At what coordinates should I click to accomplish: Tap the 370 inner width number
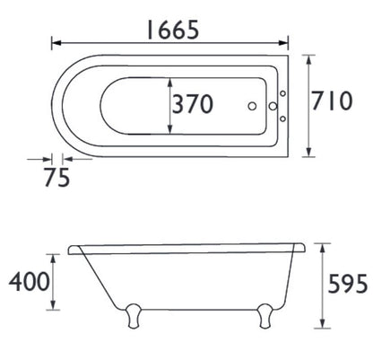[193, 104]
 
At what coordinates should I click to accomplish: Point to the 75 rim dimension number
[58, 178]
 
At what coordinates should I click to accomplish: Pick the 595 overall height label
[344, 283]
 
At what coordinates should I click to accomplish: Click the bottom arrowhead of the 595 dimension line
[324, 322]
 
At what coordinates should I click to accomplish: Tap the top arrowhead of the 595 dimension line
[324, 244]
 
